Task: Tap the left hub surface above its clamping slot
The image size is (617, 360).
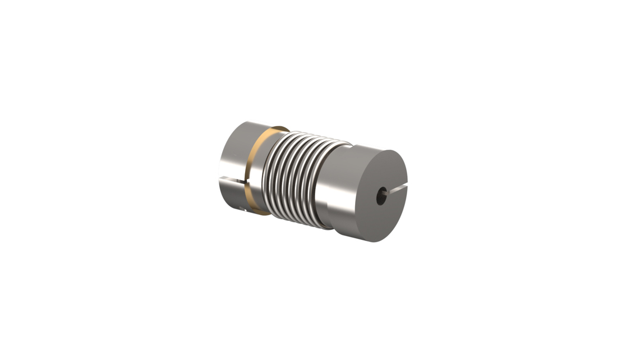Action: [x=234, y=151]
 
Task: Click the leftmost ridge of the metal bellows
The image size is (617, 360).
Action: [x=268, y=174]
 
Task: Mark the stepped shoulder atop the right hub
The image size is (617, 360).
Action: [x=351, y=147]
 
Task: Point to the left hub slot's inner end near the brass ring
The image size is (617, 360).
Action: [x=245, y=182]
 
